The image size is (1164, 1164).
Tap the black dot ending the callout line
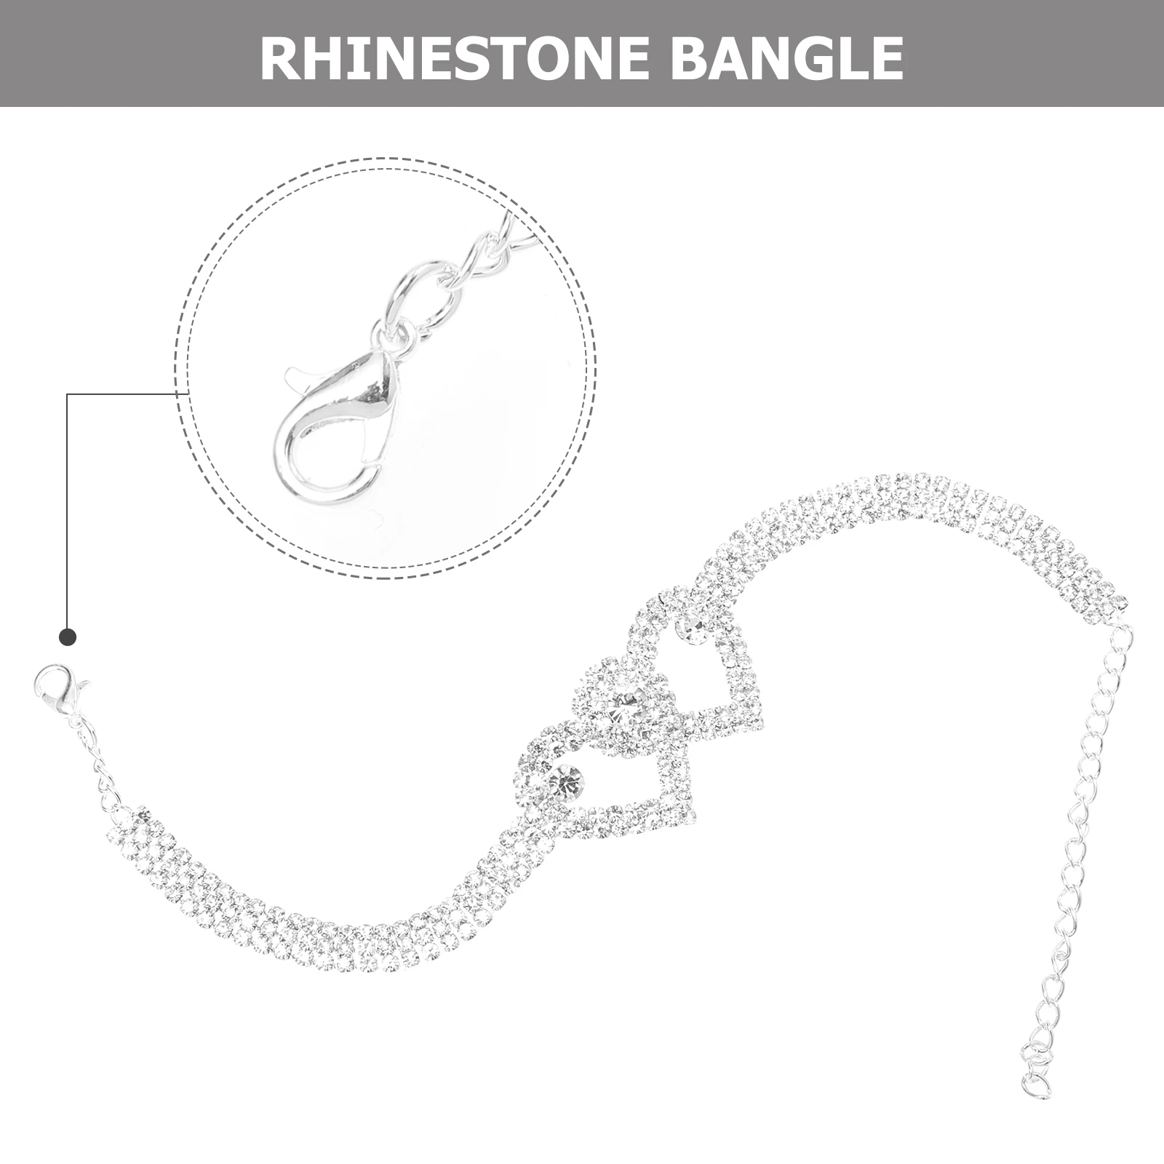[67, 637]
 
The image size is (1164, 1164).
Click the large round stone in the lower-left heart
[566, 781]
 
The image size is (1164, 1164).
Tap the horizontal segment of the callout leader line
[124, 394]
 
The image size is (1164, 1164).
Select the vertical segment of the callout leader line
[67, 509]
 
